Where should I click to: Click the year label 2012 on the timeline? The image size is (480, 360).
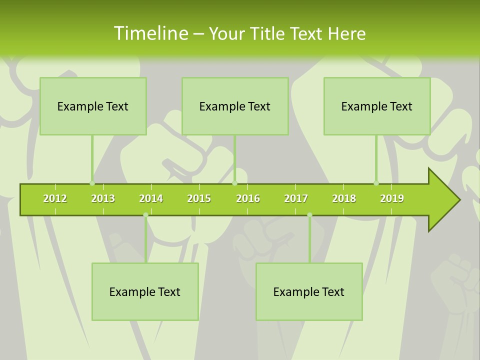tap(55, 198)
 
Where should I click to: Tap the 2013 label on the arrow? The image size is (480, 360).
tap(103, 198)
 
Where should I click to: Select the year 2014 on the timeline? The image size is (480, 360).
tap(151, 198)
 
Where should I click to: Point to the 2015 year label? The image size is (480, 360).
tap(199, 198)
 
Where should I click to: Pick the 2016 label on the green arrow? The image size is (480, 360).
tap(248, 198)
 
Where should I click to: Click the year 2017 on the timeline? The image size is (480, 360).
tap(296, 198)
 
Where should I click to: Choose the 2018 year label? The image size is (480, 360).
tap(344, 198)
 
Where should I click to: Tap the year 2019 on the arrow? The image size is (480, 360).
tap(392, 198)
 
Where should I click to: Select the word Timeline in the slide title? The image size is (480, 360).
tap(150, 33)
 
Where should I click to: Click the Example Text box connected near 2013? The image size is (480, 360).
tap(93, 106)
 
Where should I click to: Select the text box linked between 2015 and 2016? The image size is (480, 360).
tap(235, 106)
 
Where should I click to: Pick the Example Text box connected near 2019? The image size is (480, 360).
tap(377, 106)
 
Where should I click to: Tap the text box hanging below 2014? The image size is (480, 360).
tap(145, 291)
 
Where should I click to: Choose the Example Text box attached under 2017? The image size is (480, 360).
tap(309, 291)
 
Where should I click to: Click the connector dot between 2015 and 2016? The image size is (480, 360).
tap(234, 183)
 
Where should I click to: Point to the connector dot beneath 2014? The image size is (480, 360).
tap(145, 215)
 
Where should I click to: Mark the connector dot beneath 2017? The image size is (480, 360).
tap(309, 215)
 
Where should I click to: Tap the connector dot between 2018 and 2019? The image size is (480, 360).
tap(376, 183)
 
